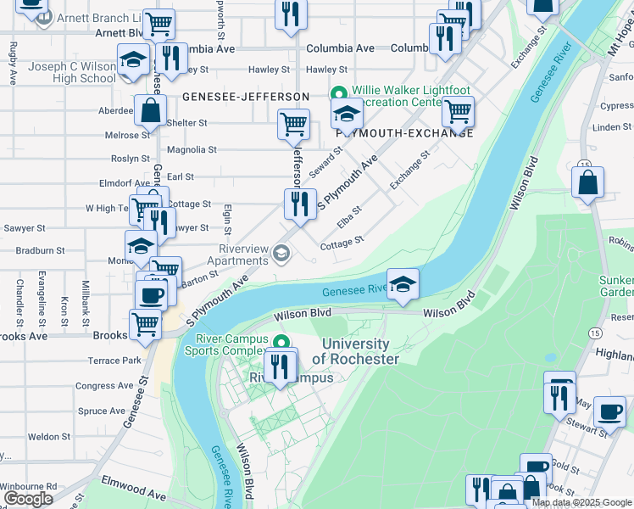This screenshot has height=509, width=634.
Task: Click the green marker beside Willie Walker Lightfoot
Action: click(338, 94)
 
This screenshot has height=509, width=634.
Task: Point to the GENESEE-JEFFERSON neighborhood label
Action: click(246, 97)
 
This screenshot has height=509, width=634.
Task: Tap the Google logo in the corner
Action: click(28, 499)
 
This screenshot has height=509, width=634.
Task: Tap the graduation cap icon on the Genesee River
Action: click(403, 284)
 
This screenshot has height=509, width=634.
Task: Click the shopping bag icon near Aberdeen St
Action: click(150, 110)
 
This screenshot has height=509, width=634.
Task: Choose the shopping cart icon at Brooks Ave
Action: click(145, 325)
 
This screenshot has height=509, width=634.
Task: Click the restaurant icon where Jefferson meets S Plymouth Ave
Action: click(298, 204)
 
